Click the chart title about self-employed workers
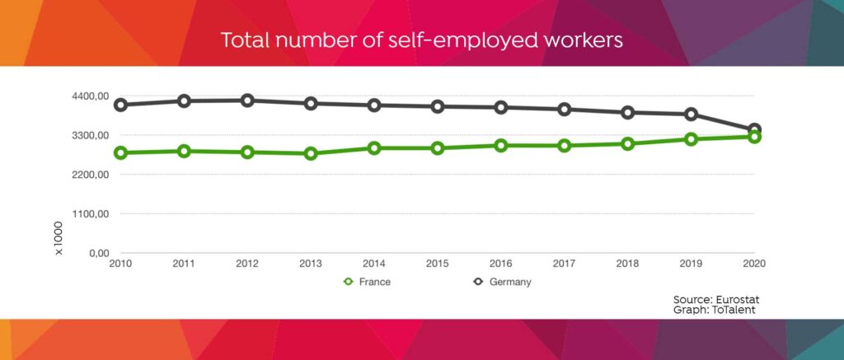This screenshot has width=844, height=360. (x=421, y=40)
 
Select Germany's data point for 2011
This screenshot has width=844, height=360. (x=184, y=101)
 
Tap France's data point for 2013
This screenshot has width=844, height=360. (x=311, y=153)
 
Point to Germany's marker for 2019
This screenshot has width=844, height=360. (x=691, y=115)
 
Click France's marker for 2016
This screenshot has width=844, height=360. (x=500, y=145)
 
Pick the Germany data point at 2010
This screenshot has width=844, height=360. (x=120, y=105)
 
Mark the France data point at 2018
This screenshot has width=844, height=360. (x=627, y=143)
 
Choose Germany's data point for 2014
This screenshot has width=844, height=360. (x=374, y=105)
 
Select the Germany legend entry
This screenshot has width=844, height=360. (x=501, y=282)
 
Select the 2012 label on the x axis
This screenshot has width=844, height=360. (x=247, y=264)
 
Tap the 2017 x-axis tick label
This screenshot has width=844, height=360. (x=564, y=264)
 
